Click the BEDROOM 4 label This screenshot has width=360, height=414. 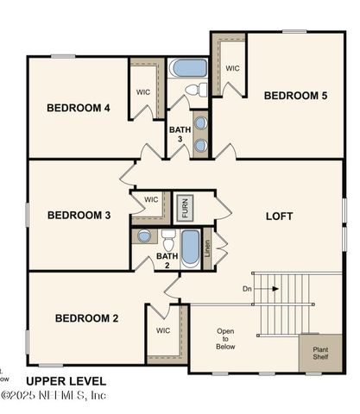(x=79, y=108)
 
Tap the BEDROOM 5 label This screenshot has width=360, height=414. (x=295, y=95)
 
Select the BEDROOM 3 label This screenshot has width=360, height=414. (x=79, y=215)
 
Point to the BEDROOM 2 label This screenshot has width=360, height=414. (x=86, y=318)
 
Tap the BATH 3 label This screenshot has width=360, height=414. (x=179, y=135)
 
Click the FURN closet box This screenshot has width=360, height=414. (x=183, y=208)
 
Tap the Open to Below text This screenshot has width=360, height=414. (x=225, y=338)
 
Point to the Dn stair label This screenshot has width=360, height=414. (x=247, y=288)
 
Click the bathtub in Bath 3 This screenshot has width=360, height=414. (x=188, y=67)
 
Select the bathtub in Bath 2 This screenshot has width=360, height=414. (x=190, y=246)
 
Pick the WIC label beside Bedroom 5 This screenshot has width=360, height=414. (x=232, y=68)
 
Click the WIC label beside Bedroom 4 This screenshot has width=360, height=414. (x=143, y=91)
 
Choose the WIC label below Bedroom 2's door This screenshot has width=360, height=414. (x=163, y=329)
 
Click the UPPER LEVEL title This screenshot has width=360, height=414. (x=66, y=380)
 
